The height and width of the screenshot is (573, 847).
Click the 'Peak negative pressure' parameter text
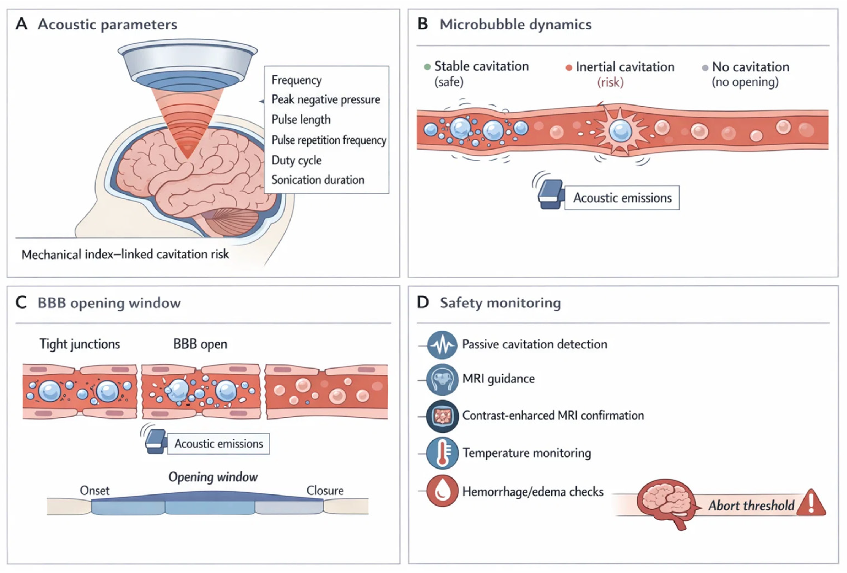[x=326, y=99]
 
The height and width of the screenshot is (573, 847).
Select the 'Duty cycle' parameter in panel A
[x=296, y=160]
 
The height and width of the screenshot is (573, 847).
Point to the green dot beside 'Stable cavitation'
[x=427, y=67]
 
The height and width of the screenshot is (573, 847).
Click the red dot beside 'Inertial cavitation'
[x=569, y=68]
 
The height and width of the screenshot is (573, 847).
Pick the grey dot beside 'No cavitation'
[x=705, y=68]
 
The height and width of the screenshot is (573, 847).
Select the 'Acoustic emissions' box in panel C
[x=218, y=444]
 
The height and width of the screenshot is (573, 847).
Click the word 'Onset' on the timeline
[x=94, y=491]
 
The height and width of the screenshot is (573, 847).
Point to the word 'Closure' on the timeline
[x=325, y=491]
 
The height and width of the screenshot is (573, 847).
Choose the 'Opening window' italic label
[x=213, y=477]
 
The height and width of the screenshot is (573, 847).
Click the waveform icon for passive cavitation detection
[x=442, y=344]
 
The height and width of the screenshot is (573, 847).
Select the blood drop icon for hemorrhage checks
[x=442, y=491]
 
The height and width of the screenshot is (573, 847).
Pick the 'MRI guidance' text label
[x=498, y=379]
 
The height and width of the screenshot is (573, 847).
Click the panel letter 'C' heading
[x=21, y=302]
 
